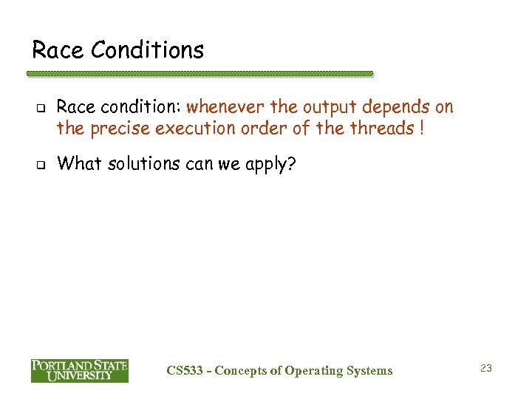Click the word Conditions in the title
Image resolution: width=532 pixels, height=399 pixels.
click(x=147, y=50)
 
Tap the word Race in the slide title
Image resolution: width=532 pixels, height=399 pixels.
click(x=56, y=50)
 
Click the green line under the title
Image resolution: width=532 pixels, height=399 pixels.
click(x=199, y=74)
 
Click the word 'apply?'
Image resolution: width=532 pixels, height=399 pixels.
click(x=270, y=164)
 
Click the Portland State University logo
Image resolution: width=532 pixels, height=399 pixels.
click(x=79, y=370)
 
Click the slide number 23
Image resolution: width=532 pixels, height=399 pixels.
click(x=485, y=367)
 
